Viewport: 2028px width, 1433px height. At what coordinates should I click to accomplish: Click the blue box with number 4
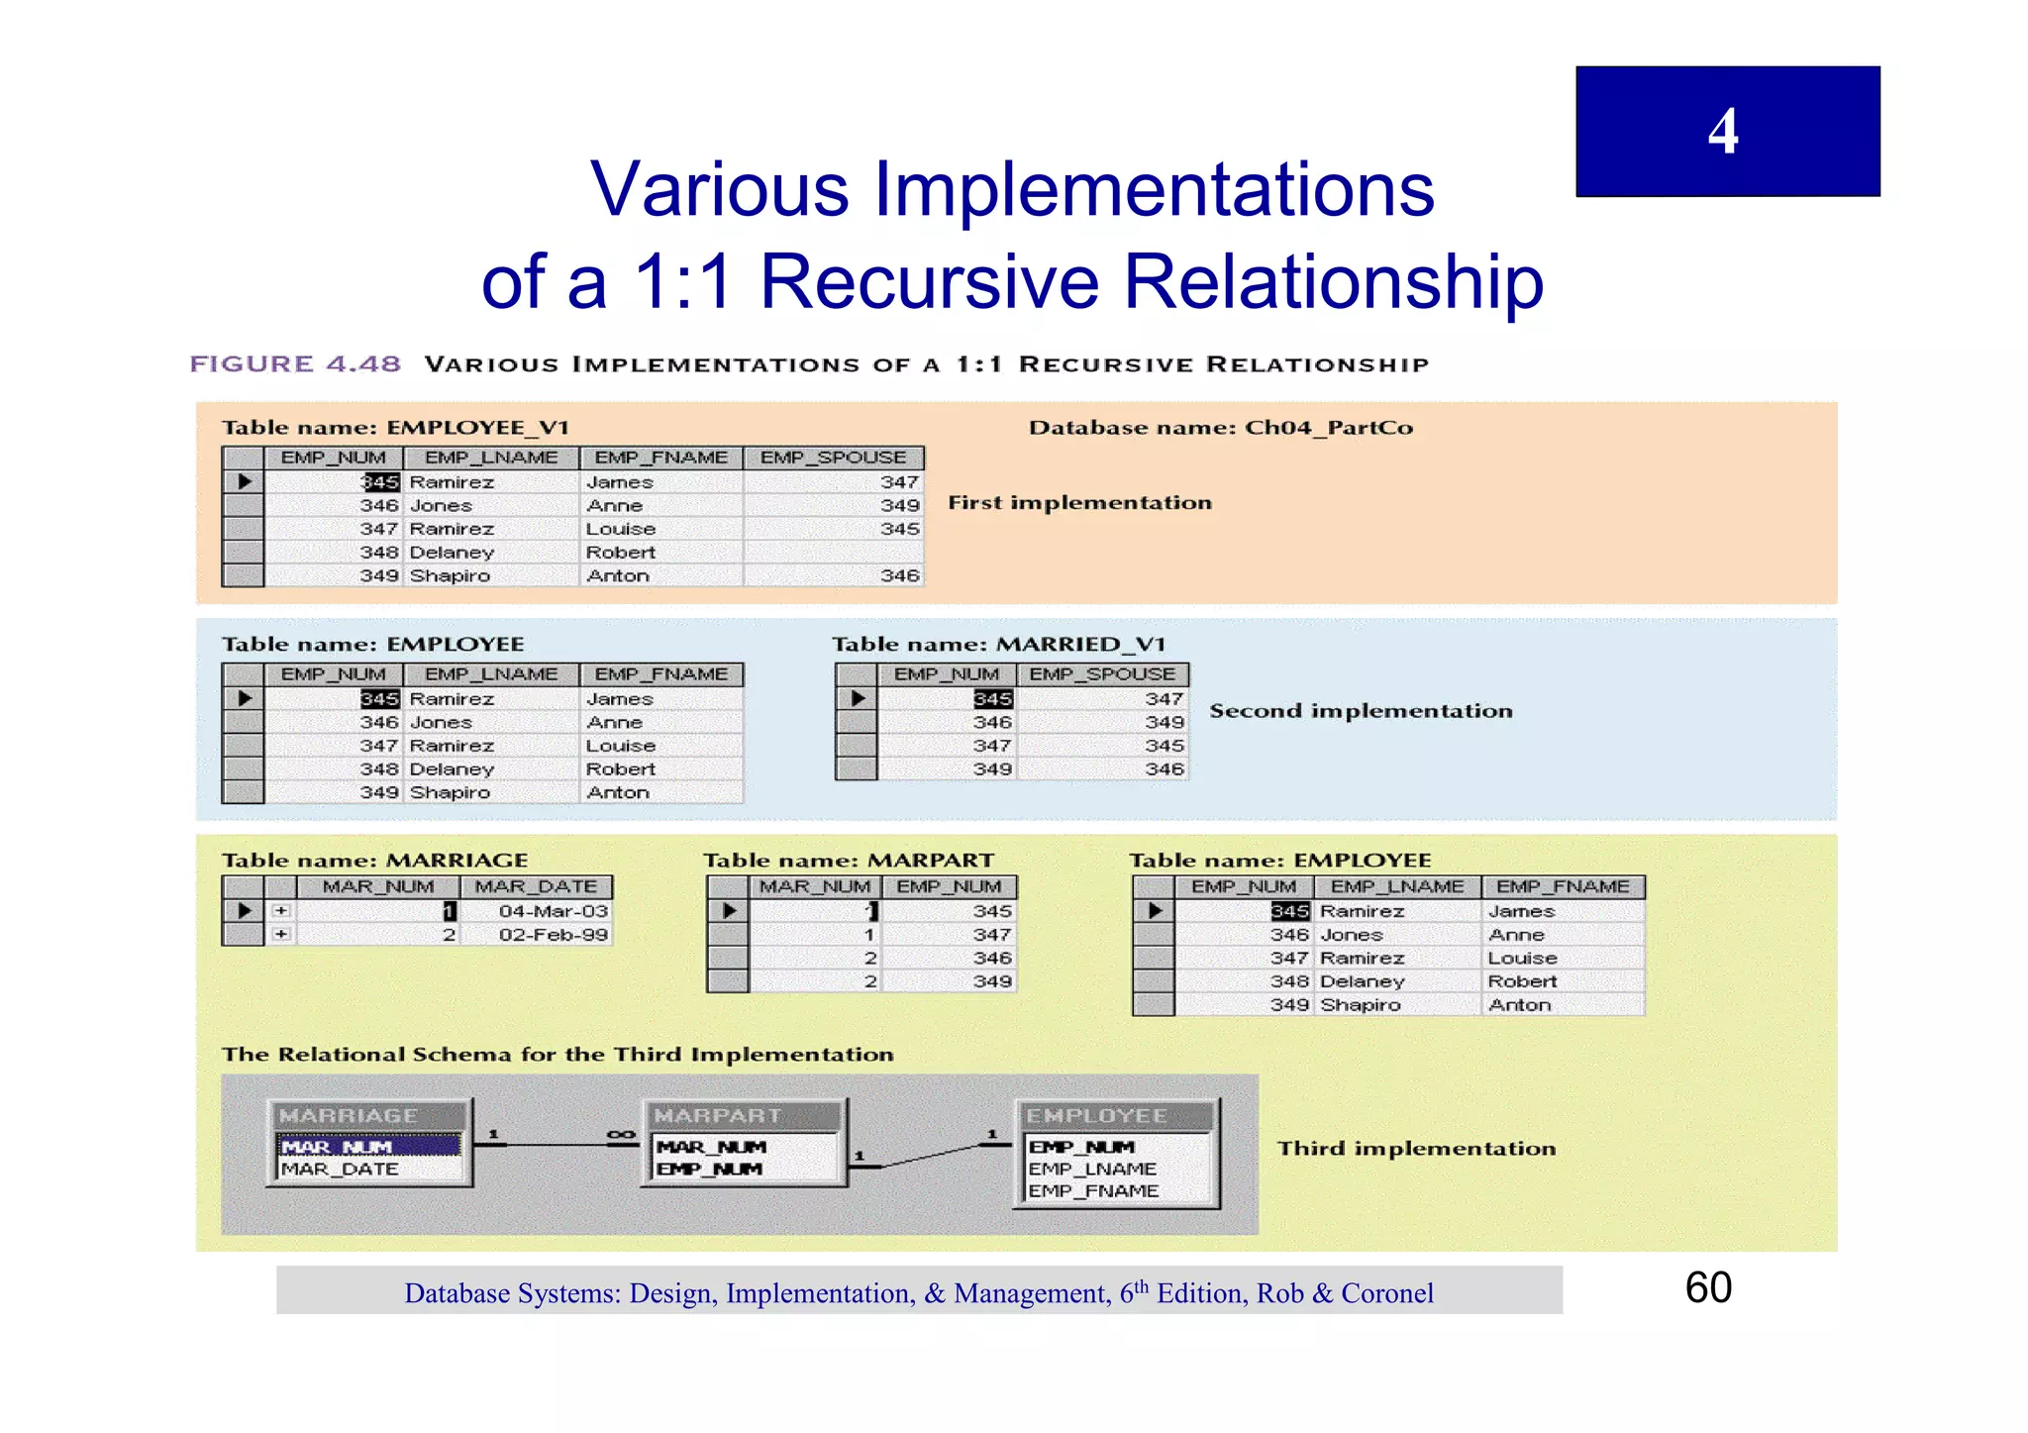click(1727, 131)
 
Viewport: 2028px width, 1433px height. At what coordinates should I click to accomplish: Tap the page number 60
click(1708, 1287)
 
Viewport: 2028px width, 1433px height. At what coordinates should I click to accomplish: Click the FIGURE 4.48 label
click(295, 364)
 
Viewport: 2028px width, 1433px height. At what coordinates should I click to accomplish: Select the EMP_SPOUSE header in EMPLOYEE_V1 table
click(833, 458)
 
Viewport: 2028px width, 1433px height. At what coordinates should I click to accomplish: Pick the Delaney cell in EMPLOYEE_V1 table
click(452, 553)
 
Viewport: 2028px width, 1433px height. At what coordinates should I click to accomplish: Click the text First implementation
click(1079, 503)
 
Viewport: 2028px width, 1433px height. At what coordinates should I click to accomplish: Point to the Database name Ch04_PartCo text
click(1220, 428)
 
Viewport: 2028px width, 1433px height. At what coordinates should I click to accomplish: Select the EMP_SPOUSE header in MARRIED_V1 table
click(1102, 674)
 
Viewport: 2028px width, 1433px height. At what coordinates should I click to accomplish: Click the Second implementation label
click(1361, 711)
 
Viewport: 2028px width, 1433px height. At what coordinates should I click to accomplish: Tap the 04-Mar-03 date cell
click(553, 911)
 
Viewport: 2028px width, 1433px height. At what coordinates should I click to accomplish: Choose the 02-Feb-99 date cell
click(553, 935)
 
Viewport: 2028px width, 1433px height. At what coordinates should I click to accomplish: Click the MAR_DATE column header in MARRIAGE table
click(536, 886)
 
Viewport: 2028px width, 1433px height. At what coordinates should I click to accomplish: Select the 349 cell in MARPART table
click(991, 981)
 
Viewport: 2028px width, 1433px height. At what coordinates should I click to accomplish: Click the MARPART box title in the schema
click(718, 1116)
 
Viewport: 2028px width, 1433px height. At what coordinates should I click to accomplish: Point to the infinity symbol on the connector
click(621, 1135)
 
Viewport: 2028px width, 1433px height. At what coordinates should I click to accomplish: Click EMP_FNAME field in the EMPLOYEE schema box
click(1092, 1191)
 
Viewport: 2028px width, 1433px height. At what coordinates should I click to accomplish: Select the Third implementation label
click(1416, 1149)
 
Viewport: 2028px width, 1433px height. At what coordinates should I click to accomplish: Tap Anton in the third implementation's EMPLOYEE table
click(1519, 1005)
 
